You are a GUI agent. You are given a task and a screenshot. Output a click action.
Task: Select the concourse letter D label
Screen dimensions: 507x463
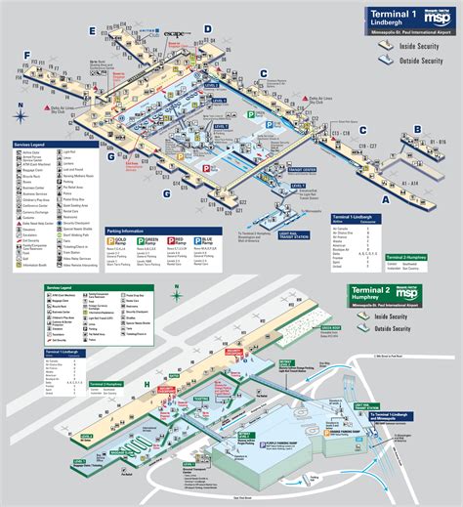coord(208,30)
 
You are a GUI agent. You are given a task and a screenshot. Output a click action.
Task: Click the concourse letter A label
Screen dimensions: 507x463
coord(384,198)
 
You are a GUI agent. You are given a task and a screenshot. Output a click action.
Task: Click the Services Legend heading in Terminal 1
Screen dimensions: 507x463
coord(32,145)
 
